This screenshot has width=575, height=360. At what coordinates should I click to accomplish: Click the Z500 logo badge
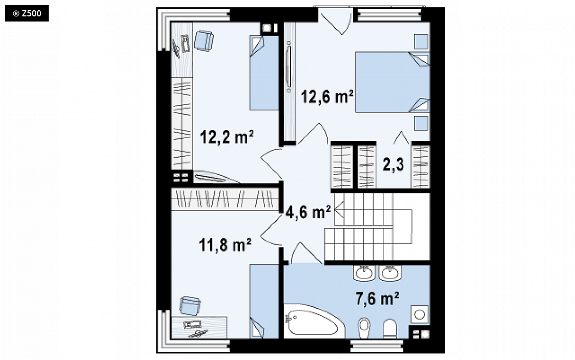27,13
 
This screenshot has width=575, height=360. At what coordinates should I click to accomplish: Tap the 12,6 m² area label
327,97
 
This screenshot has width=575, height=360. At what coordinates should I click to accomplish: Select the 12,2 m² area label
227,137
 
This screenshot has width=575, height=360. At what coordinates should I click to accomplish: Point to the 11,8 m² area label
225,244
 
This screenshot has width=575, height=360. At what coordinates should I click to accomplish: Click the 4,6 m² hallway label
307,212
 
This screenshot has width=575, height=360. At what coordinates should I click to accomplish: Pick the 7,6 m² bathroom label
377,298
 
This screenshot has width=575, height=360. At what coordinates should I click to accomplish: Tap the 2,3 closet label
393,164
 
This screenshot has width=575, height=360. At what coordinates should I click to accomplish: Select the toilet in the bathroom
390,328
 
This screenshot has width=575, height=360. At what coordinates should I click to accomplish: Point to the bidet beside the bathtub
364,328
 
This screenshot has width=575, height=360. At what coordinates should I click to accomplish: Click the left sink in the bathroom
364,273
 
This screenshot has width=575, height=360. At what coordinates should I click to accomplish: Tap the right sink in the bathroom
390,273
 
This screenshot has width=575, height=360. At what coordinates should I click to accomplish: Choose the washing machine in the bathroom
420,314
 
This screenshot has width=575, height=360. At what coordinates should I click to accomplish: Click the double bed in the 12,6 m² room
392,82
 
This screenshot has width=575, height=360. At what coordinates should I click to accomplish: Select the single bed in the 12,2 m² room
264,73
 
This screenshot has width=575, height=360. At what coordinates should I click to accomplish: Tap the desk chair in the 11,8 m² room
190,305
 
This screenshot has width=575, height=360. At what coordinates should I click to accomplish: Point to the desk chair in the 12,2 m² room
203,40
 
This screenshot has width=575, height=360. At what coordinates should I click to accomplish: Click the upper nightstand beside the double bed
421,41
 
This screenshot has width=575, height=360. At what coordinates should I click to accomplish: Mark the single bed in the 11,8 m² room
264,301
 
